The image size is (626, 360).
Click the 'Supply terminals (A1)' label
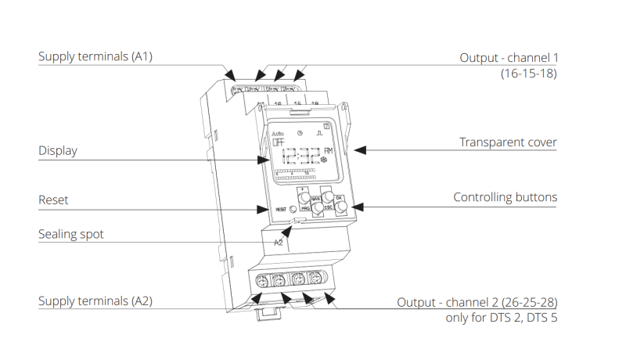tap(95, 57)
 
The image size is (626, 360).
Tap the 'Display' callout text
tap(58, 150)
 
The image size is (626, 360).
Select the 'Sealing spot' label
tap(70, 234)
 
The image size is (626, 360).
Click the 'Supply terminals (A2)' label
tap(95, 301)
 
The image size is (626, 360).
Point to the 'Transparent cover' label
tap(508, 142)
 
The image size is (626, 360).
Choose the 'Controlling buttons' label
tap(505, 197)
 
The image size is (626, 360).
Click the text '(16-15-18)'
tap(529, 73)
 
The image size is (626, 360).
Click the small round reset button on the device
tap(293, 209)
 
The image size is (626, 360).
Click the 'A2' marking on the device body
tap(278, 243)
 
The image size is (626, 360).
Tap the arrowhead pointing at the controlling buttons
tap(354, 207)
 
